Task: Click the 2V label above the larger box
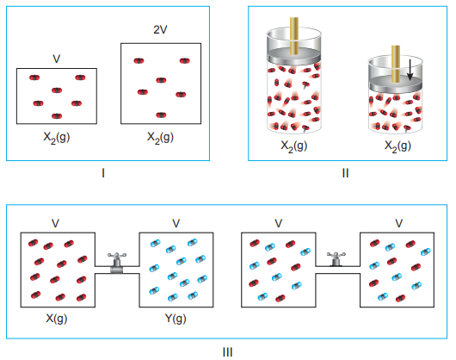click(x=160, y=29)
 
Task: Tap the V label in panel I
click(x=57, y=59)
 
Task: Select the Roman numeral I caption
click(x=103, y=173)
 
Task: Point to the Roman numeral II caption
click(x=345, y=173)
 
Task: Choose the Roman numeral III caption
click(x=227, y=352)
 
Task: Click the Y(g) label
click(x=176, y=319)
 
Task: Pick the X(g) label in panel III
click(x=57, y=319)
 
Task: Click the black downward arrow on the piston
click(x=410, y=70)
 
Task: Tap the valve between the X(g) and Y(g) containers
click(x=117, y=263)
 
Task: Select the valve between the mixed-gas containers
click(x=336, y=259)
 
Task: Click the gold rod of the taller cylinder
click(x=294, y=36)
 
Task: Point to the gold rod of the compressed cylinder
click(x=396, y=64)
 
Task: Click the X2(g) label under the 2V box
click(x=160, y=138)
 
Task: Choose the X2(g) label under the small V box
click(x=57, y=138)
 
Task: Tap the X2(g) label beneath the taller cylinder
click(x=293, y=146)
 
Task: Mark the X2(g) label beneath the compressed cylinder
click(x=397, y=146)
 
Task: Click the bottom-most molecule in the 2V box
click(x=161, y=115)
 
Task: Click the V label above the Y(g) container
click(x=176, y=224)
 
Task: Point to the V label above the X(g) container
click(x=55, y=224)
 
